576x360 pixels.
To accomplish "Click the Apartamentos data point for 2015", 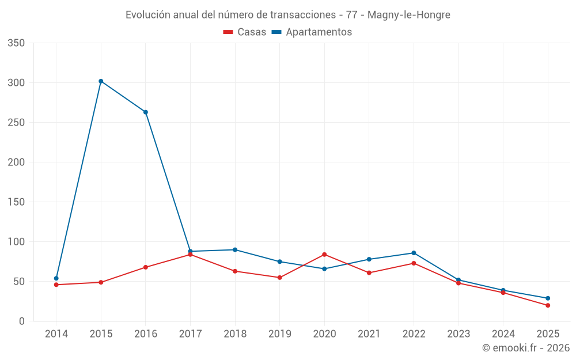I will [101, 81].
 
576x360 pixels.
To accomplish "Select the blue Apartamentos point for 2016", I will [146, 112].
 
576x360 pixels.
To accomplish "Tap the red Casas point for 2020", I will [324, 255].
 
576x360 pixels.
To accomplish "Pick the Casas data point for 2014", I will [56, 285].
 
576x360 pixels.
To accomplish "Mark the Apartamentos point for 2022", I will [414, 253].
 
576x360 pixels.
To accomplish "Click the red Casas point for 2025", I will [548, 305].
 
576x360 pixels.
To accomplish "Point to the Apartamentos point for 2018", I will [235, 250].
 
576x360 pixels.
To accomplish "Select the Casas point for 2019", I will [280, 278].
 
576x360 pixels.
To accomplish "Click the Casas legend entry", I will [245, 32].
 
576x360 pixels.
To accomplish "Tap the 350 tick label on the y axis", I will [17, 43].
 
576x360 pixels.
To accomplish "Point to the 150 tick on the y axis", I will [17, 202].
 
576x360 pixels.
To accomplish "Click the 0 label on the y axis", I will [21, 321].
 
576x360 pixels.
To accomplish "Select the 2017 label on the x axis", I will [190, 334].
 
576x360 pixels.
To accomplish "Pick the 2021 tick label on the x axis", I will [369, 334].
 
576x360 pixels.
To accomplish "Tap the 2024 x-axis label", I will [503, 334].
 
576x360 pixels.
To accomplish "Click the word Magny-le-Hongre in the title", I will [409, 14].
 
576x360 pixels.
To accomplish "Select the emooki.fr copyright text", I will [526, 348].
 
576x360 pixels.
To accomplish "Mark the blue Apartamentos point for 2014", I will [56, 278].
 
